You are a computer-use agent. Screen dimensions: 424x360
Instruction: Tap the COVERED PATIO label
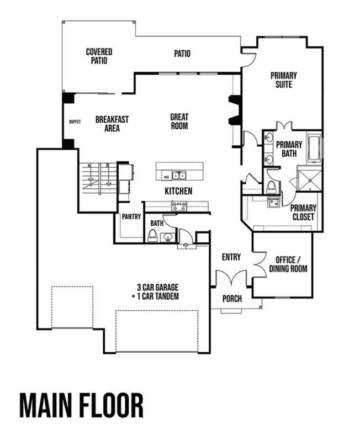[99, 56]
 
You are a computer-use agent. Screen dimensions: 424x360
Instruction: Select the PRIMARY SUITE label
[284, 80]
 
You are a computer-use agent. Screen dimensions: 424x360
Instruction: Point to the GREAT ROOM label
[179, 121]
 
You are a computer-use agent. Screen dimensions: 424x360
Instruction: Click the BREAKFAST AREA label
[112, 124]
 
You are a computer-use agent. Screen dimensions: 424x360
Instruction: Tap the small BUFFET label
[75, 122]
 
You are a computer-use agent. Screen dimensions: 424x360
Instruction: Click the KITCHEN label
[178, 191]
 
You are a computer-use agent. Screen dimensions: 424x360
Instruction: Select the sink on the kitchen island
[178, 176]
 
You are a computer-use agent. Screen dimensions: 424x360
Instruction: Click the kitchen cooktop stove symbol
[179, 206]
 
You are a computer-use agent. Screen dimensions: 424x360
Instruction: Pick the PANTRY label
[131, 217]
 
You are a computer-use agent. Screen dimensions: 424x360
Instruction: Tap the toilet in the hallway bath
[152, 236]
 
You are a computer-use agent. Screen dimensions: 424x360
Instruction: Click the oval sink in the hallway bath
[168, 237]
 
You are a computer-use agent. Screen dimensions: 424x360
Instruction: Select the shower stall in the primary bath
[309, 178]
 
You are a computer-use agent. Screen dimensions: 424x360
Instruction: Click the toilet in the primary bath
[271, 187]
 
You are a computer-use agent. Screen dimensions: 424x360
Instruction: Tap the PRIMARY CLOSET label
[303, 213]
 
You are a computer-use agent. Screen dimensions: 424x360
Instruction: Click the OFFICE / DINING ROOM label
[288, 264]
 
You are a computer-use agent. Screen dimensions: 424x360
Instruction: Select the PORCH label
[232, 299]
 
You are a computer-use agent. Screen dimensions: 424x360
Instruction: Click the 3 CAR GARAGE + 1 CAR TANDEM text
[158, 291]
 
